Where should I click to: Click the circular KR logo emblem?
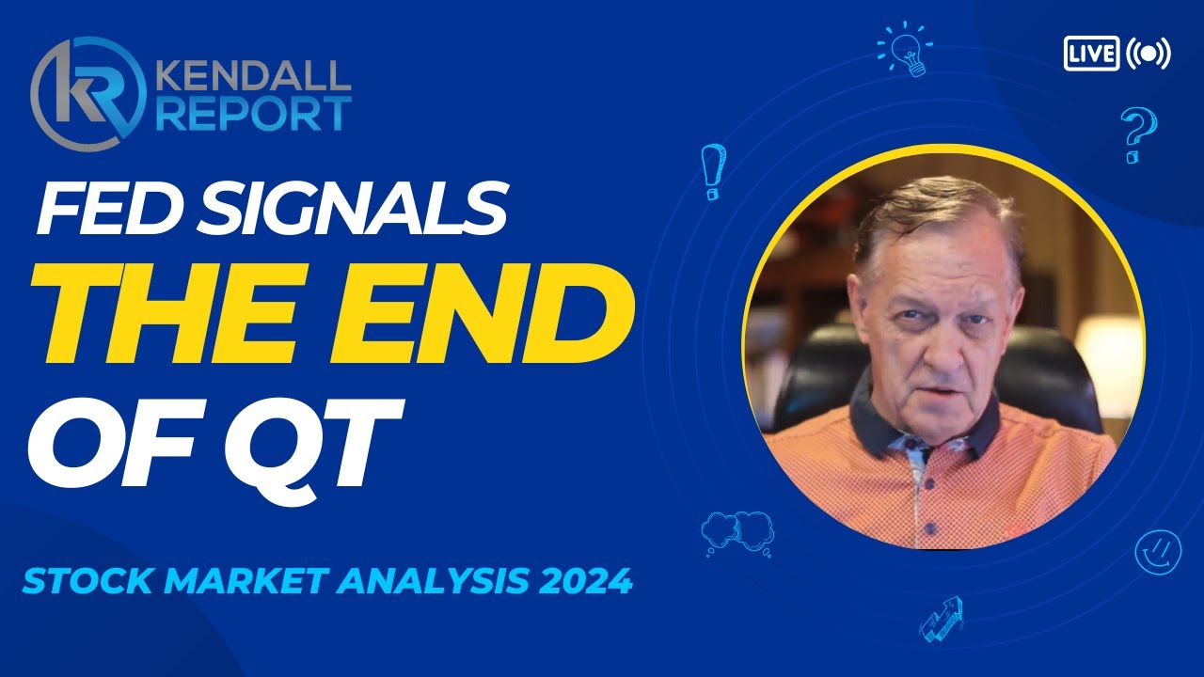coord(87,92)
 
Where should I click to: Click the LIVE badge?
coord(1091,53)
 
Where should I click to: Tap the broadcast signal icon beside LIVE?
coord(1149,53)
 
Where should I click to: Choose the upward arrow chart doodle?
coord(941,618)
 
